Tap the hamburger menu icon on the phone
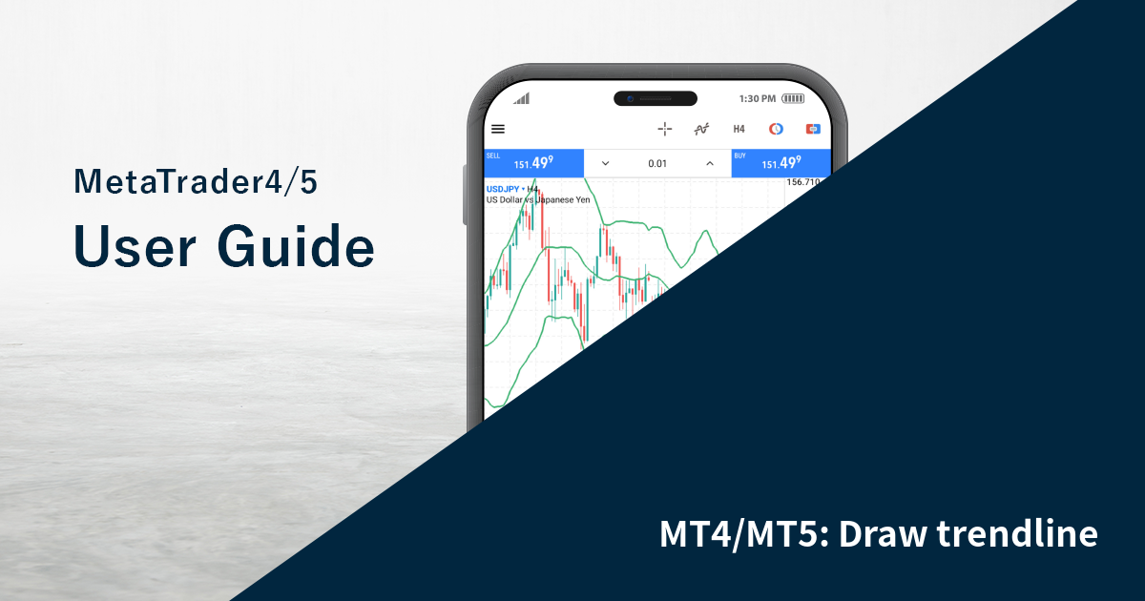[x=498, y=129]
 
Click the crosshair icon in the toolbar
[x=665, y=129]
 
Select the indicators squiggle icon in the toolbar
[x=701, y=129]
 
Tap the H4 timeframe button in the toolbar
[x=739, y=129]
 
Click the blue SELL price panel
[x=533, y=163]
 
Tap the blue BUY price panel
[x=781, y=163]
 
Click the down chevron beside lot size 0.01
[x=605, y=163]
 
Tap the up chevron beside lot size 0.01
[x=710, y=163]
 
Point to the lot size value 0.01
[x=657, y=163]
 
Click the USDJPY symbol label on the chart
[x=502, y=189]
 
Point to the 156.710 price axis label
[x=803, y=181]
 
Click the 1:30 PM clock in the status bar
[x=758, y=98]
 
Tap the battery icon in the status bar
[x=793, y=98]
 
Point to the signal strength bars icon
[x=521, y=98]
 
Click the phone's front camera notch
[x=656, y=98]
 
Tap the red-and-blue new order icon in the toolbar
[x=813, y=129]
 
